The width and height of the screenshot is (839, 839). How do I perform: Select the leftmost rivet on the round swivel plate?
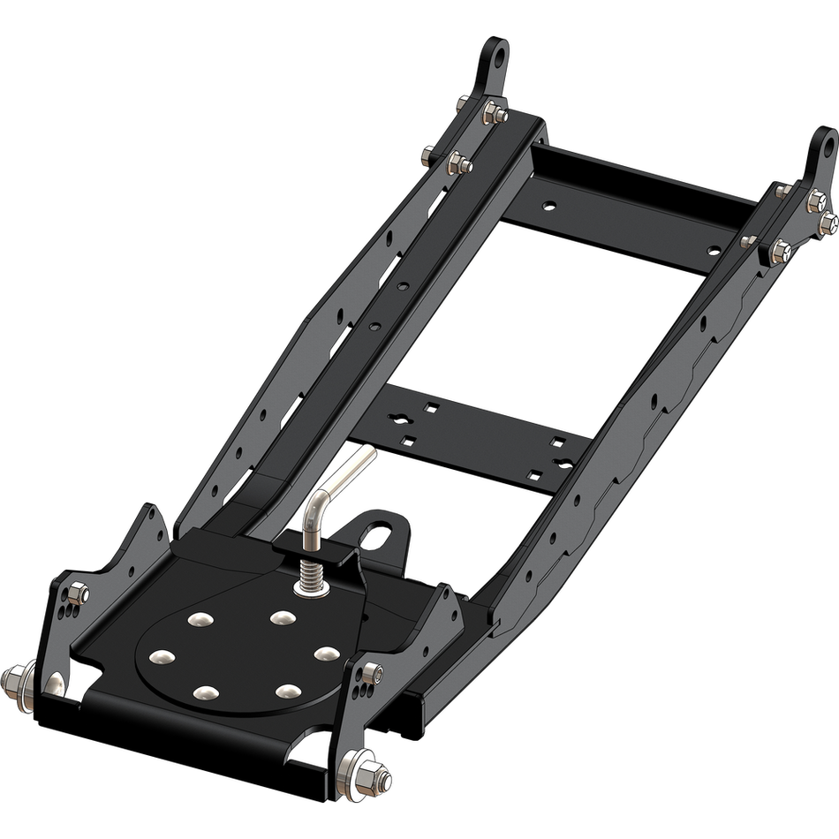tap(162, 656)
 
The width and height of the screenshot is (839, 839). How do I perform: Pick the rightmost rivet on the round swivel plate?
tap(327, 654)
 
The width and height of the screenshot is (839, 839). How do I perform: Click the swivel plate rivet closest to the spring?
tap(283, 617)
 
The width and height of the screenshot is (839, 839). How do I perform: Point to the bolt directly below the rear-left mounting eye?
tap(494, 111)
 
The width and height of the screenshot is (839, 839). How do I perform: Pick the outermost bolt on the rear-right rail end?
tap(828, 217)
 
